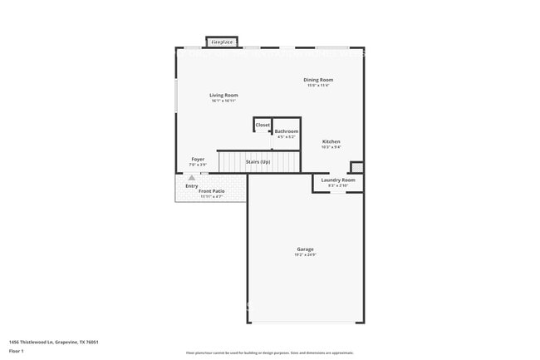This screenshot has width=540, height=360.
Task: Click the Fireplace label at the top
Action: click(x=221, y=41)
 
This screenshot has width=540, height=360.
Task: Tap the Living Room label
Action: click(x=223, y=96)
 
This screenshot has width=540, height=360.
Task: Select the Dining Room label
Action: click(x=318, y=80)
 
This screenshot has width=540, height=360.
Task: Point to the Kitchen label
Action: click(x=331, y=142)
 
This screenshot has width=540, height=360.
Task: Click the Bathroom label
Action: click(x=287, y=131)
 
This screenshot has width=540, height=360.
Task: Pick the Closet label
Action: click(x=263, y=125)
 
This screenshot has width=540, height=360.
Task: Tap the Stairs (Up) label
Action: click(x=258, y=161)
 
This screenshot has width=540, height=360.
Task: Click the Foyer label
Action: click(x=198, y=159)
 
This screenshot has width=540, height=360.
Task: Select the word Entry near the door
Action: click(x=192, y=185)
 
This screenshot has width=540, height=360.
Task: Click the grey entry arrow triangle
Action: click(x=192, y=177)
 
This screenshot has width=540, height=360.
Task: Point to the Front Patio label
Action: click(x=211, y=191)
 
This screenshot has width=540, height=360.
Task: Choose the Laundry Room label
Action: click(x=338, y=180)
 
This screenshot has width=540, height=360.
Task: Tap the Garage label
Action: click(x=306, y=249)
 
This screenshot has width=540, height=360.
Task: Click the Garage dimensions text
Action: click(x=306, y=255)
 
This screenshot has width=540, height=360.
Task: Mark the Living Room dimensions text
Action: click(x=223, y=101)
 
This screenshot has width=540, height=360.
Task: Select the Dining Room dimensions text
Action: click(x=318, y=86)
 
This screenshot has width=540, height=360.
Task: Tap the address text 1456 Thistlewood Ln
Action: click(x=47, y=341)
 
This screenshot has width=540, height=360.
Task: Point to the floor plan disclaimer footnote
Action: click(x=269, y=353)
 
